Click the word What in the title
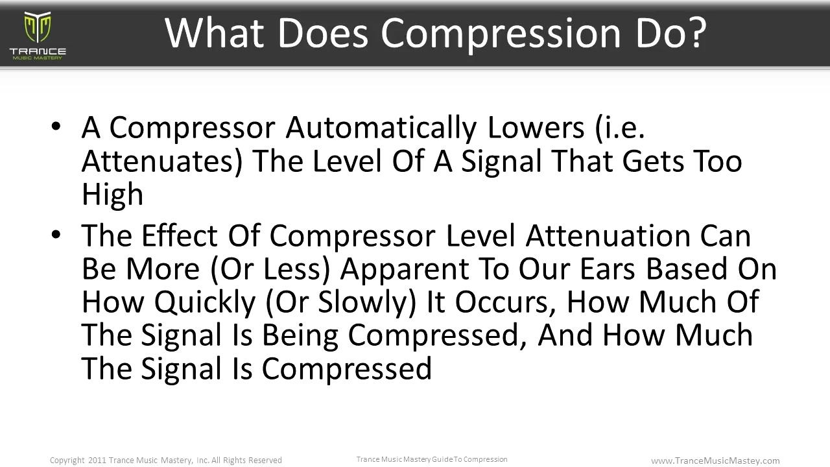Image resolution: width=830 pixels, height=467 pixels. pyautogui.click(x=215, y=32)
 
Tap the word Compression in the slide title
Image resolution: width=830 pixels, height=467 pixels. pyautogui.click(x=501, y=35)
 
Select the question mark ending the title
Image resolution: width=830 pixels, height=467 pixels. pyautogui.click(x=696, y=32)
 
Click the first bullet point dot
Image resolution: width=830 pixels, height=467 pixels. pyautogui.click(x=56, y=126)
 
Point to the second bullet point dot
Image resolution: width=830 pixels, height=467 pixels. pyautogui.click(x=56, y=234)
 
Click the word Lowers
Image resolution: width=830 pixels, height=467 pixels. pyautogui.click(x=536, y=128)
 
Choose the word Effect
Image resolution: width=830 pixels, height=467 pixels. pyautogui.click(x=180, y=235)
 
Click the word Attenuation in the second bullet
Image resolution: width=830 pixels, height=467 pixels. pyautogui.click(x=608, y=235)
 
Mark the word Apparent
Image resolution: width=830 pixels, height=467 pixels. pyautogui.click(x=405, y=270)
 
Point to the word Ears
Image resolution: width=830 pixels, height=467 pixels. pyautogui.click(x=608, y=269)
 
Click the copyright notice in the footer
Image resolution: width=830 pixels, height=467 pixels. pyautogui.click(x=165, y=460)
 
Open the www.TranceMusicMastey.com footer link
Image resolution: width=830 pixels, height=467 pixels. pyautogui.click(x=715, y=461)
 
